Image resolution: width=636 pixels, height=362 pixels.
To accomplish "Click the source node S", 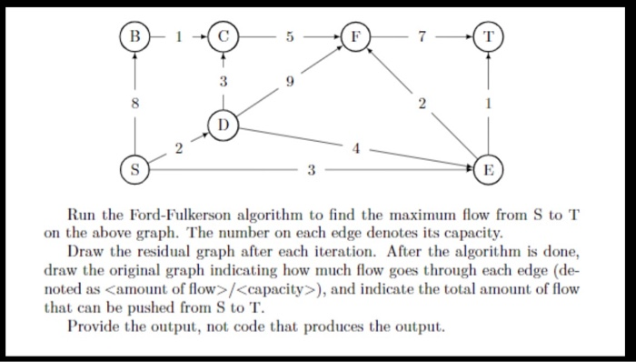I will (136, 169).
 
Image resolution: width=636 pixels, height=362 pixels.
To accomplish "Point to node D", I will (223, 124).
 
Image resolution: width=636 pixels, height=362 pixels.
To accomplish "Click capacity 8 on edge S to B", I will (136, 103).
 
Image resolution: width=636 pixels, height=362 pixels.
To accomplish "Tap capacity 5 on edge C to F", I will (289, 37).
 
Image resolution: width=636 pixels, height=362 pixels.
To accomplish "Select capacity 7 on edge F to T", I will (423, 37).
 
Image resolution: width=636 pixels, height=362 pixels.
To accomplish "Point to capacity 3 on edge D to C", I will (223, 81).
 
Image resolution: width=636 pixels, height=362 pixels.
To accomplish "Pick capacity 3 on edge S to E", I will (313, 169).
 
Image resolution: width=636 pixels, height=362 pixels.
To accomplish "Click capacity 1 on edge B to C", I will (179, 37).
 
